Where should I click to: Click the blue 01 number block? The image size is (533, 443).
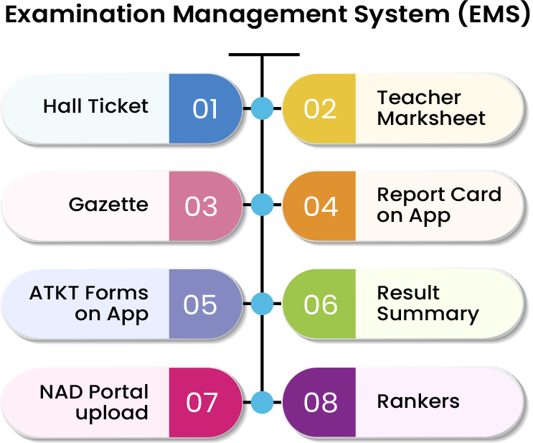[205, 108]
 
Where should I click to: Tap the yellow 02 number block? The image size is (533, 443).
[320, 108]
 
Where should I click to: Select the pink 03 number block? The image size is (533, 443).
[202, 206]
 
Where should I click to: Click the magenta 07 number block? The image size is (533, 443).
[202, 402]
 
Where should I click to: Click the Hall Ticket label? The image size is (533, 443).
[95, 106]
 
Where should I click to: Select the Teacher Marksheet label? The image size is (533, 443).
[430, 108]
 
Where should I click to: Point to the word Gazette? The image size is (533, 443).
[108, 205]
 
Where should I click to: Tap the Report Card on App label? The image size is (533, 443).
[438, 205]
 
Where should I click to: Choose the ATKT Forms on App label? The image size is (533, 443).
[89, 303]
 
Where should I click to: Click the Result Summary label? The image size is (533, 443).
[427, 303]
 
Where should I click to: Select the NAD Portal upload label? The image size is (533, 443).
[94, 402]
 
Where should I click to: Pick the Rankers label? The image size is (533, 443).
[418, 401]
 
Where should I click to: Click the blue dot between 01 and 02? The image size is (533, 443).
[263, 108]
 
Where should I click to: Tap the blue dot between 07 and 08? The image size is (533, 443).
[263, 402]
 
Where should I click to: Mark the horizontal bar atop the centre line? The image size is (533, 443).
[263, 55]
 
